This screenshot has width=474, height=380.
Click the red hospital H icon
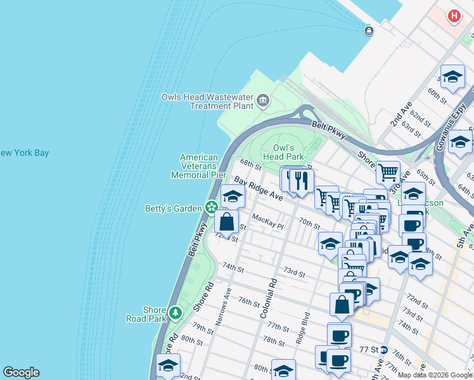(x=454, y=16)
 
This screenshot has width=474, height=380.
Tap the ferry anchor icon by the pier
(x=369, y=30)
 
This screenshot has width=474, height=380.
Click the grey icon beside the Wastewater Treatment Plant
(x=262, y=101)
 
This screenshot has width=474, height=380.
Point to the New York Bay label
(x=24, y=153)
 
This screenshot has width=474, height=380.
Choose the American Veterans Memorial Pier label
(x=199, y=166)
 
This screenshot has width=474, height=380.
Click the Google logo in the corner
(x=21, y=372)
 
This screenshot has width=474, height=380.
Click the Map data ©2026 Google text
(x=435, y=375)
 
